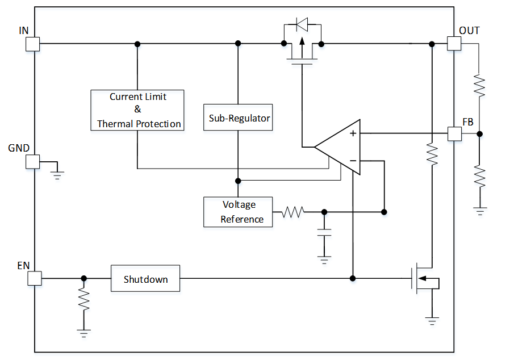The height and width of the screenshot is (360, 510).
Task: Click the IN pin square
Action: pos(33,44)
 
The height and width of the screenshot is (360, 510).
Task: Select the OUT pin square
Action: pos(454,44)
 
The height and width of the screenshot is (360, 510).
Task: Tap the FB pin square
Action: pos(454,134)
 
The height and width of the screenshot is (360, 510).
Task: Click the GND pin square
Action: pos(33,162)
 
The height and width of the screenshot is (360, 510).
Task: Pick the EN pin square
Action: pos(35,278)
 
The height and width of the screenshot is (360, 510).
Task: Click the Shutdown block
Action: pos(145,278)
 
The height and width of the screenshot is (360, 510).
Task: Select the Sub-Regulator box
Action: pos(238,119)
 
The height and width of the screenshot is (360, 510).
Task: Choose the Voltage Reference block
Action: pos(238,212)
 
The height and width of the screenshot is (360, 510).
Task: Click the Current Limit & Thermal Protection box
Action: pos(137,110)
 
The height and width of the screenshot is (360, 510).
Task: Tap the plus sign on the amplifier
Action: pos(353,133)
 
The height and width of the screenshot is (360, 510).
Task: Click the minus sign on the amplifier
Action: pos(353,161)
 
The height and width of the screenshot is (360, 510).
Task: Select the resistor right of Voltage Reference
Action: pos(294,212)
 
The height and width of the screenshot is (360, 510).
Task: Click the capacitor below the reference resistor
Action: pos(324,233)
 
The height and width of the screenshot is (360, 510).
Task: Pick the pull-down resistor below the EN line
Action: pos(84,299)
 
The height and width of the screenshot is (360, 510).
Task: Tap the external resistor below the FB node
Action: pos(480,177)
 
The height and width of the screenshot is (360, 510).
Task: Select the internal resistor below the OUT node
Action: pos(432,154)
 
